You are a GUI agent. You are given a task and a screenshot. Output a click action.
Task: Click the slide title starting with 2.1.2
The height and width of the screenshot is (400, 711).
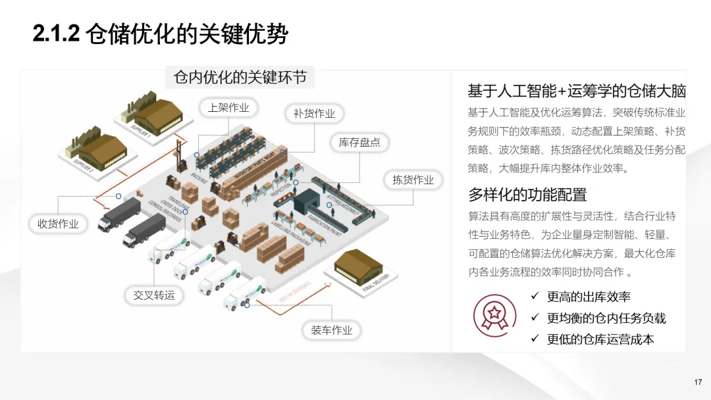161,34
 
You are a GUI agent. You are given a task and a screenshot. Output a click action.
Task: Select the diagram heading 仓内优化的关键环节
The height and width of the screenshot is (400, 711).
240,78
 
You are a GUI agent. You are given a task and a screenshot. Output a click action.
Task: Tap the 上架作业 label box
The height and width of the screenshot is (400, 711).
228,108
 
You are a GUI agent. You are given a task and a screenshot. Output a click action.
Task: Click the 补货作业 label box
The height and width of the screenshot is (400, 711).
314,114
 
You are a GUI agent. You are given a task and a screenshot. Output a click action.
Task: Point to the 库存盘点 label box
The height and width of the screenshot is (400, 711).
359,143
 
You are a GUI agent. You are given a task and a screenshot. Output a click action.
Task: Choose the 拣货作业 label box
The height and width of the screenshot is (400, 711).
413,180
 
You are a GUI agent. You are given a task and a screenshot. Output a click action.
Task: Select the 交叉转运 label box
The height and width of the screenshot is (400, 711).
154,295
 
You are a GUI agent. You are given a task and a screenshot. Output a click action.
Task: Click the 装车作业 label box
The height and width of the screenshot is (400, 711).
332,330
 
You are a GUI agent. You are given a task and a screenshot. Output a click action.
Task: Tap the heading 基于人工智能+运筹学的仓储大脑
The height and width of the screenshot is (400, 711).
577,91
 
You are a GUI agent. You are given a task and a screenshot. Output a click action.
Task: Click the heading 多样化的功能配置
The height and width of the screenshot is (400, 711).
527,194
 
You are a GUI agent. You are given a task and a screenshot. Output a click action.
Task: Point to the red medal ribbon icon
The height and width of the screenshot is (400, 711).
494,312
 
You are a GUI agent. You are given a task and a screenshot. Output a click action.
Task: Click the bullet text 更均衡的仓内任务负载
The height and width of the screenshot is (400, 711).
606,318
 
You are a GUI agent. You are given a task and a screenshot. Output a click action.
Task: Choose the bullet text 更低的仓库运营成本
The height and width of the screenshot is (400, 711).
600,339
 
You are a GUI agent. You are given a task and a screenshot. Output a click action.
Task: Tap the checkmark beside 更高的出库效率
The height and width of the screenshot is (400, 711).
535,296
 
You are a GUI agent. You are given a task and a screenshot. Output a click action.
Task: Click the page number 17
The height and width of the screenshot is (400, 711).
698,382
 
